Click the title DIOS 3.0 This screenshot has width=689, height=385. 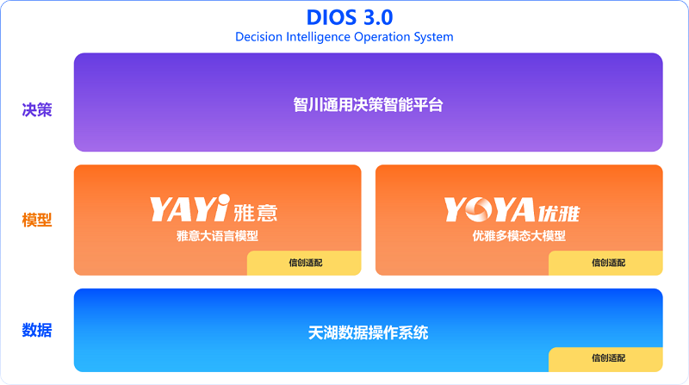pos(344,17)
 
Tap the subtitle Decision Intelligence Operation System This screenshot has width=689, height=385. pos(344,37)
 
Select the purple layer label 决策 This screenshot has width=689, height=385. pos(37,109)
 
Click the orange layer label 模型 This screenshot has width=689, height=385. pos(37,220)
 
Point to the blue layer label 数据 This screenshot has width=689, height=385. pos(37,330)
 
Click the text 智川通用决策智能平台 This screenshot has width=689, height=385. pos(368,106)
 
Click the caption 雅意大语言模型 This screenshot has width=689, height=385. pos(217,236)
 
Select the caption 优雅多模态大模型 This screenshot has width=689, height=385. pos(519,236)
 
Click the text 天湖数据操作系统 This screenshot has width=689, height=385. pos(368,332)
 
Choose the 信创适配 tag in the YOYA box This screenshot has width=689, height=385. pos(608,263)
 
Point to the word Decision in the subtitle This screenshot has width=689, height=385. pos(259,37)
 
